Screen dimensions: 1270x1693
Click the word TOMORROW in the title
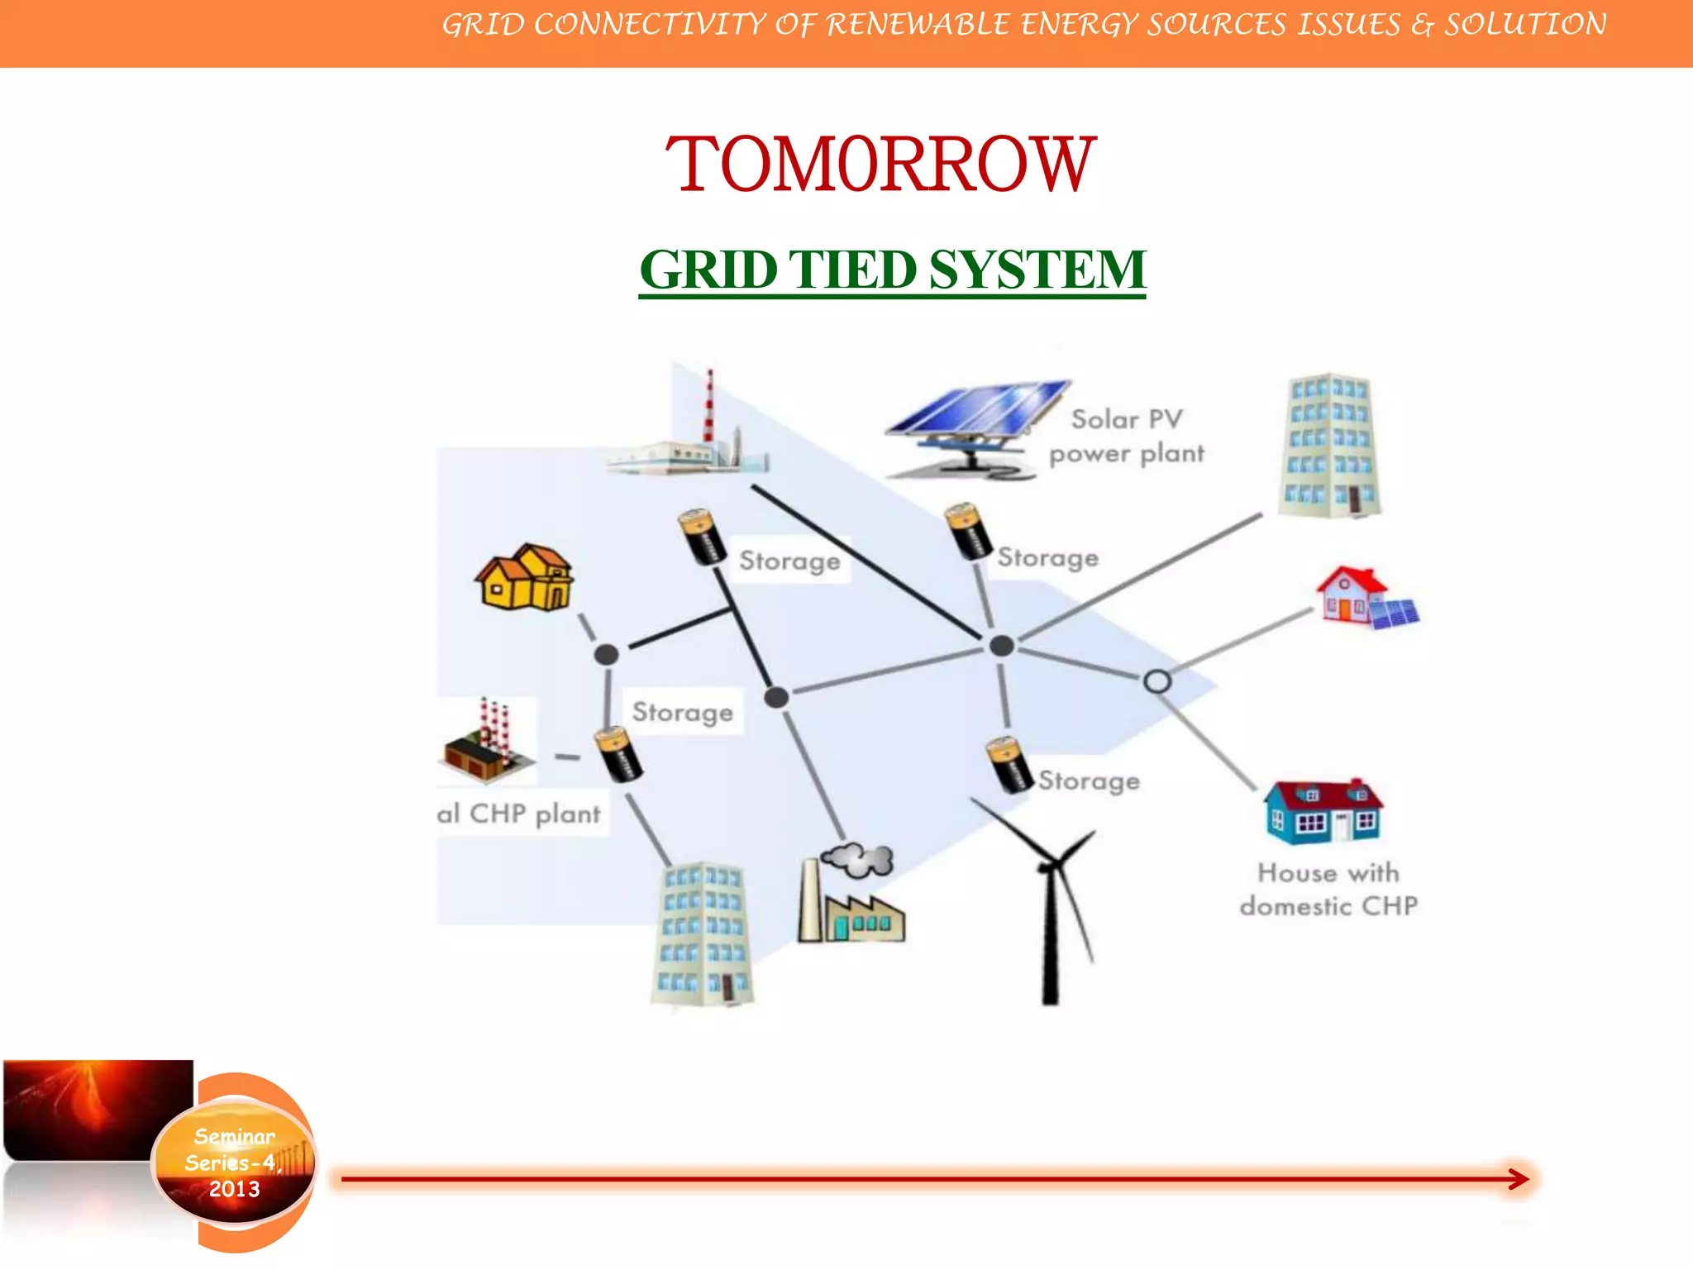(x=880, y=165)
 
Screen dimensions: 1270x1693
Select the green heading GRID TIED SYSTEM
(x=892, y=270)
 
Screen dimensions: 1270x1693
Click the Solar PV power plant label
(x=1127, y=437)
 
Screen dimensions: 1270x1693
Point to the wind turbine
(x=1050, y=901)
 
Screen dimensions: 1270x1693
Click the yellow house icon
(x=525, y=578)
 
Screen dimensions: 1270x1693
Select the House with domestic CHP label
(x=1328, y=890)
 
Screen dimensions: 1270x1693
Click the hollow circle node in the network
(x=1156, y=681)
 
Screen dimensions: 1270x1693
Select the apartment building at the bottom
(x=703, y=934)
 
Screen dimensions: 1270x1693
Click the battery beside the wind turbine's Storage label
(x=1009, y=765)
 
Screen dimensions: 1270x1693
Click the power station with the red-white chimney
(x=690, y=438)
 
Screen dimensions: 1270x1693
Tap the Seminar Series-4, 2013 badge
(x=235, y=1163)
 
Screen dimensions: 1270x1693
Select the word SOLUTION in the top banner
(x=1525, y=25)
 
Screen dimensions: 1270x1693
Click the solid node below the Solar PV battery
(x=1002, y=646)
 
